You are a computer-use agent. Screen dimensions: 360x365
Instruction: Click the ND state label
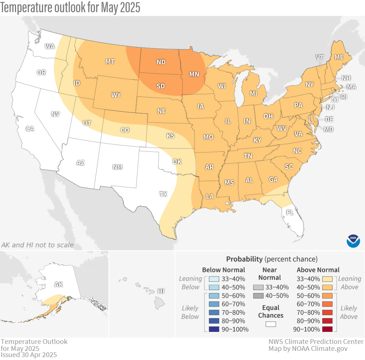point(161,62)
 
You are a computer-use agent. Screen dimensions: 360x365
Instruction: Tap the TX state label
point(163,194)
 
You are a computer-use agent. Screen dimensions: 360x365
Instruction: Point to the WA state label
point(50,46)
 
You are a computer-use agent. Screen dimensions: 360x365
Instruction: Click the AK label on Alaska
point(58,284)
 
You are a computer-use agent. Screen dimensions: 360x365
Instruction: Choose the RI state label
point(344,97)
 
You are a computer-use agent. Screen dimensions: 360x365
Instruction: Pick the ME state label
point(339,57)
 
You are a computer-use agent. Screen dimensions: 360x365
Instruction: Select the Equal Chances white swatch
point(270,324)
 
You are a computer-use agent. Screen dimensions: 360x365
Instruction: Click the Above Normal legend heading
point(318,270)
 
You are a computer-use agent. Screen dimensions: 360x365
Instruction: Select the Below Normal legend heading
point(223,270)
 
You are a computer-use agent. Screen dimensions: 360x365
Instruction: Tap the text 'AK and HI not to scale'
point(37,245)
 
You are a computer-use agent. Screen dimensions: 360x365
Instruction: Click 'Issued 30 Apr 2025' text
point(29,355)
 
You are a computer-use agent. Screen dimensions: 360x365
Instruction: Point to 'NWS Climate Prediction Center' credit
point(316,342)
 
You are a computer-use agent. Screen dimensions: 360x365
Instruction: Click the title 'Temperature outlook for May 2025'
point(70,8)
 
